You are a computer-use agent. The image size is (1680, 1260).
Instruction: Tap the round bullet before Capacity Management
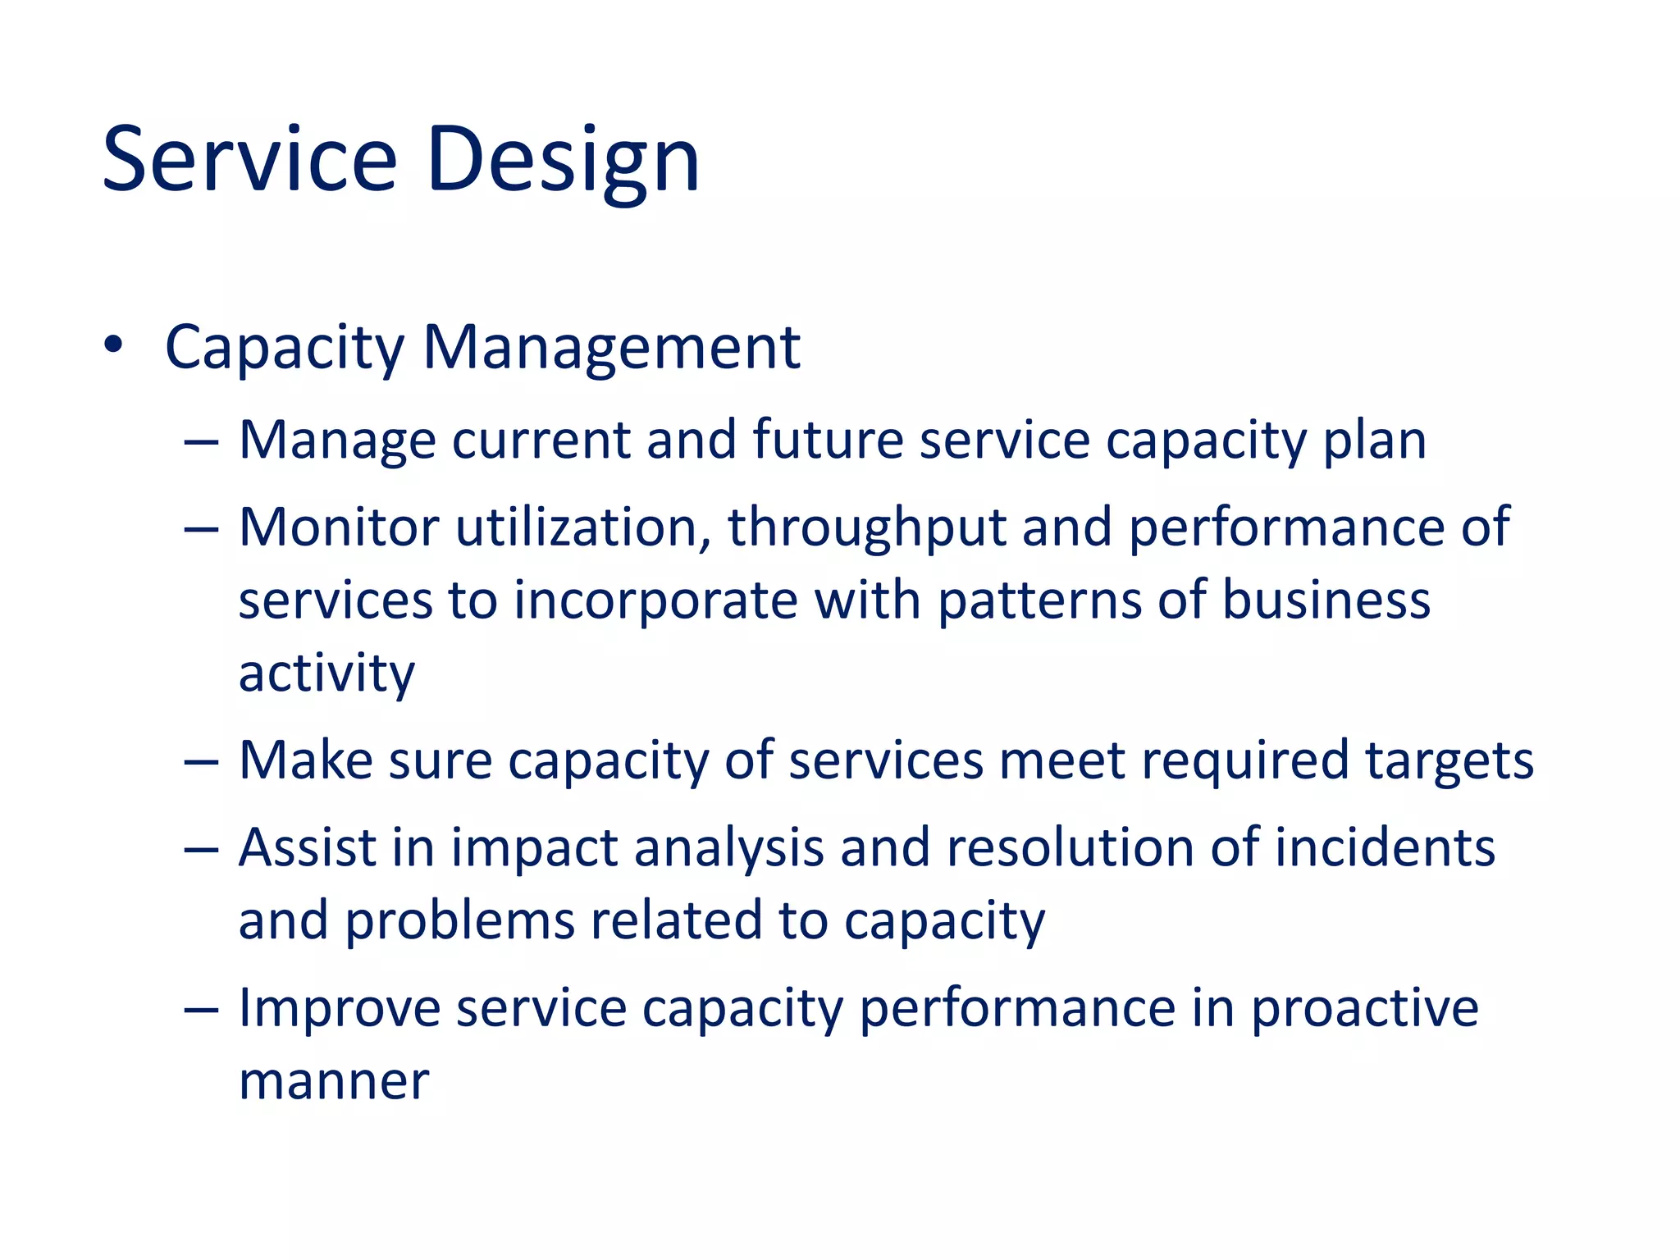[113, 345]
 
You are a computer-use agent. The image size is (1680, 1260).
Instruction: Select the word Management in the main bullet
[611, 348]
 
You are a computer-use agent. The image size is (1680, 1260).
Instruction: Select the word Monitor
[339, 527]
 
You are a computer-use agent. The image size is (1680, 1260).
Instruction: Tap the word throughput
[866, 528]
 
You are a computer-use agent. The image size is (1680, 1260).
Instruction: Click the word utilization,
[583, 527]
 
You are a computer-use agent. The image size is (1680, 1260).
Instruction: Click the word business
[1326, 599]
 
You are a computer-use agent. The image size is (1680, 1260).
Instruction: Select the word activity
[326, 674]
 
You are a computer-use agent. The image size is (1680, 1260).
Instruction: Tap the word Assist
[307, 847]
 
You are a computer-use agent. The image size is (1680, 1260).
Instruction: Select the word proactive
[1364, 1008]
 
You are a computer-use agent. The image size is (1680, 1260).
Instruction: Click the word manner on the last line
[334, 1081]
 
